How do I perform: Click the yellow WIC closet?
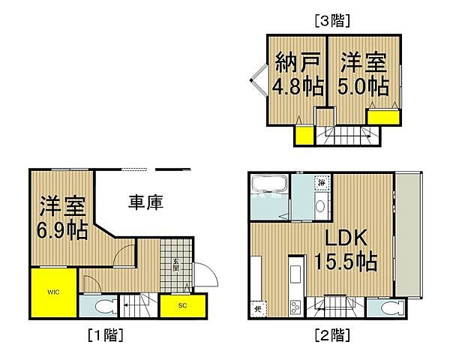click(x=52, y=292)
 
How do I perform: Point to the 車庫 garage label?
click(x=145, y=202)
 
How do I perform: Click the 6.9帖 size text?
click(x=63, y=229)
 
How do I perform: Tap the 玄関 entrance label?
click(x=176, y=265)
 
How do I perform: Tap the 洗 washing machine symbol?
click(x=321, y=182)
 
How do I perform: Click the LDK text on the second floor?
click(x=345, y=238)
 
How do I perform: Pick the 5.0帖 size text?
click(x=363, y=85)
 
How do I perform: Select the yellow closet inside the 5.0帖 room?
click(x=383, y=117)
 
